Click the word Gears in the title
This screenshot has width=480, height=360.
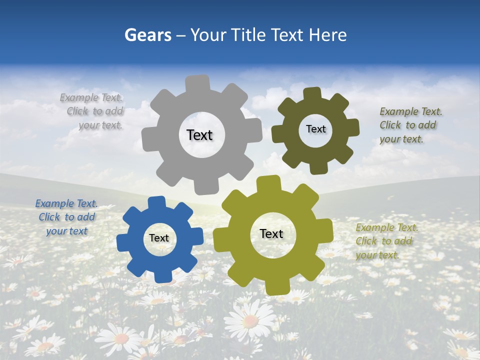(x=147, y=35)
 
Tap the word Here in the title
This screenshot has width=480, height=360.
(x=328, y=35)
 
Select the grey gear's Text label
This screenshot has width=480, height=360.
(x=199, y=135)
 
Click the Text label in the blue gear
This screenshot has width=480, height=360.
(x=159, y=238)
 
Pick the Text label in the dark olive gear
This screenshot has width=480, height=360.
(x=315, y=129)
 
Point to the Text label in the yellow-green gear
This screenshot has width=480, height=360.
(x=271, y=234)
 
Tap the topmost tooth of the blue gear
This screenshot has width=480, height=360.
(x=156, y=201)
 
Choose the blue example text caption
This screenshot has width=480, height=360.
(x=66, y=217)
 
